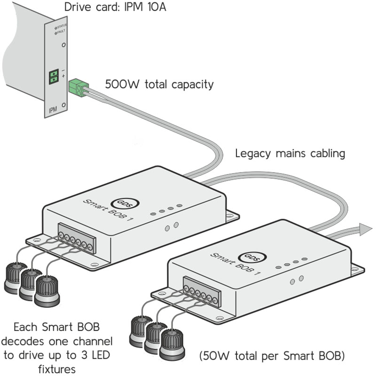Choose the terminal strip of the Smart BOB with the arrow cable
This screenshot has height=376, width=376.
click(x=202, y=294)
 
